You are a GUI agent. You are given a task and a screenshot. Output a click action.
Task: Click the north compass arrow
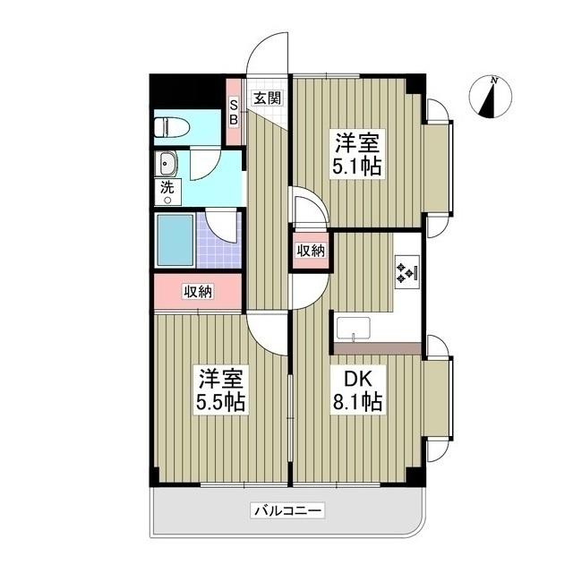(489, 98)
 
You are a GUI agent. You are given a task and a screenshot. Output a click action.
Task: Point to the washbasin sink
(167, 164)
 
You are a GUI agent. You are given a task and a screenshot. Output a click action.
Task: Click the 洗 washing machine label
(167, 188)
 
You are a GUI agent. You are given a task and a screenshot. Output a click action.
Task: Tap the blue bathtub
(176, 238)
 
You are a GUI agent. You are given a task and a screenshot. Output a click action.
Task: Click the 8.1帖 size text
(359, 402)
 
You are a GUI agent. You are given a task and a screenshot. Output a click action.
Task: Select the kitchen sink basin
(359, 328)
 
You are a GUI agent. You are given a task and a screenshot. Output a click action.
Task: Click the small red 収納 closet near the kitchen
(310, 251)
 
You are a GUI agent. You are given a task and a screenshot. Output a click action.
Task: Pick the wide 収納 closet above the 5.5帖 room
(199, 290)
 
